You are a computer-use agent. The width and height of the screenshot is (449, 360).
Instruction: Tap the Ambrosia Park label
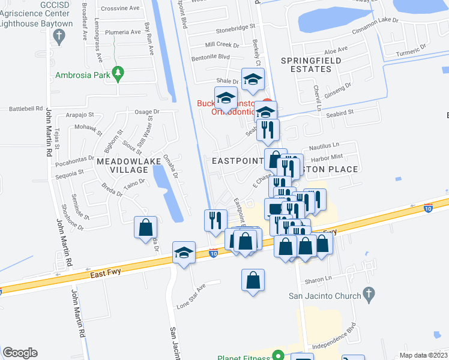pyautogui.click(x=81, y=76)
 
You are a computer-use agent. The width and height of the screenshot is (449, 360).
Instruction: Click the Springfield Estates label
pyautogui.click(x=311, y=65)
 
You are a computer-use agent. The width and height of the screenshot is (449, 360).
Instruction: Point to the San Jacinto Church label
pyautogui.click(x=325, y=295)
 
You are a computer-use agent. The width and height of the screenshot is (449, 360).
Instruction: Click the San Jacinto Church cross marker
pyautogui.click(x=369, y=295)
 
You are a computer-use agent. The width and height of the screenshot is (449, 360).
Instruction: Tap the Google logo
pyautogui.click(x=20, y=352)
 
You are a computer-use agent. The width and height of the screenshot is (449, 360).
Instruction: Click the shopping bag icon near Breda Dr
pyautogui.click(x=145, y=228)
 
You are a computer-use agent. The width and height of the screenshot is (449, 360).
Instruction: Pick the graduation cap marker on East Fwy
pyautogui.click(x=184, y=253)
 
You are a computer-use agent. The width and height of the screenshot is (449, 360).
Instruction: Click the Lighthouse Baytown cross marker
pyautogui.click(x=58, y=37)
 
